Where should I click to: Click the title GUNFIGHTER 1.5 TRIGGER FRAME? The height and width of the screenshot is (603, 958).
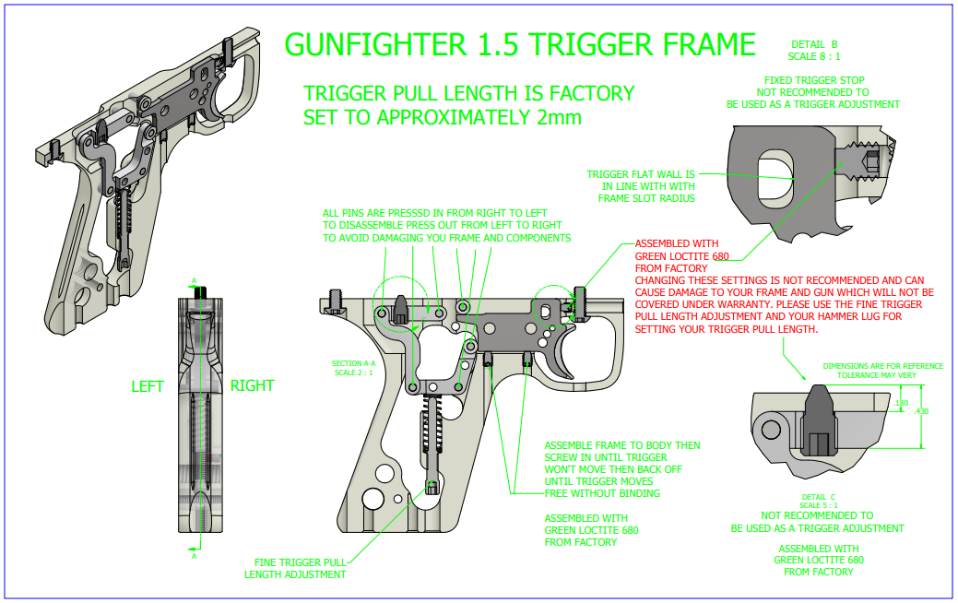(520, 44)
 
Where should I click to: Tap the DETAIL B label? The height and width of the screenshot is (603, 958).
(815, 44)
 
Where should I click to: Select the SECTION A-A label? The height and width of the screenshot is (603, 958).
(348, 364)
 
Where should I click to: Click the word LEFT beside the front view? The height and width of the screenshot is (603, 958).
(148, 386)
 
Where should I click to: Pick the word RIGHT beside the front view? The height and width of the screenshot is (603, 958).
(252, 386)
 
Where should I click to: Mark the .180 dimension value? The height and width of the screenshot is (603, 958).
(901, 403)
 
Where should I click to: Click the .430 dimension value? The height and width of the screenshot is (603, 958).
(921, 411)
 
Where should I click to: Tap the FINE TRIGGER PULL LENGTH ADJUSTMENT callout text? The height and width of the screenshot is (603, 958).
(295, 568)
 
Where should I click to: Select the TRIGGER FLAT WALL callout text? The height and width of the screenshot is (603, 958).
(641, 185)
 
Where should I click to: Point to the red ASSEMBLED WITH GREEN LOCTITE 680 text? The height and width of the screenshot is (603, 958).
(677, 256)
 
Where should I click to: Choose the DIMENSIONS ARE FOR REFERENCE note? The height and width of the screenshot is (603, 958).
(882, 371)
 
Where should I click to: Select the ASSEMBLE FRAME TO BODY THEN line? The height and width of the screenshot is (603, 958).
(622, 445)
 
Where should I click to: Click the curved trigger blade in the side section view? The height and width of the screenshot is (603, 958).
(563, 355)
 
